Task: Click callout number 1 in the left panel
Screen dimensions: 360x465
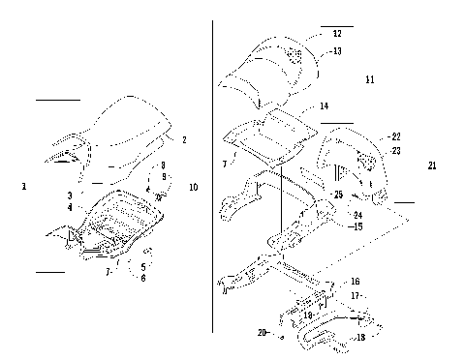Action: coord(23,184)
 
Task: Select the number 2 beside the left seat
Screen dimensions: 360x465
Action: coord(184,140)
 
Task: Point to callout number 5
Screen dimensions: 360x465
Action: coord(143,266)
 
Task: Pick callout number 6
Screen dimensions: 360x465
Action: coord(143,278)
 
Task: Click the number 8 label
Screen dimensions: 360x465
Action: coord(164,165)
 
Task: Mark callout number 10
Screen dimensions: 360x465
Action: coord(195,187)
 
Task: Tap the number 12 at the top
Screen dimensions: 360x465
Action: coord(336,34)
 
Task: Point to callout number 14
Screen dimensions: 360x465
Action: coord(324,105)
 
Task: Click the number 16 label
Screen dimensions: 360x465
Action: coord(355,281)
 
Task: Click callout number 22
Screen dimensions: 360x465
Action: coord(394,136)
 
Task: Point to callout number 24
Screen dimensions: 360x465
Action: coord(356,215)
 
